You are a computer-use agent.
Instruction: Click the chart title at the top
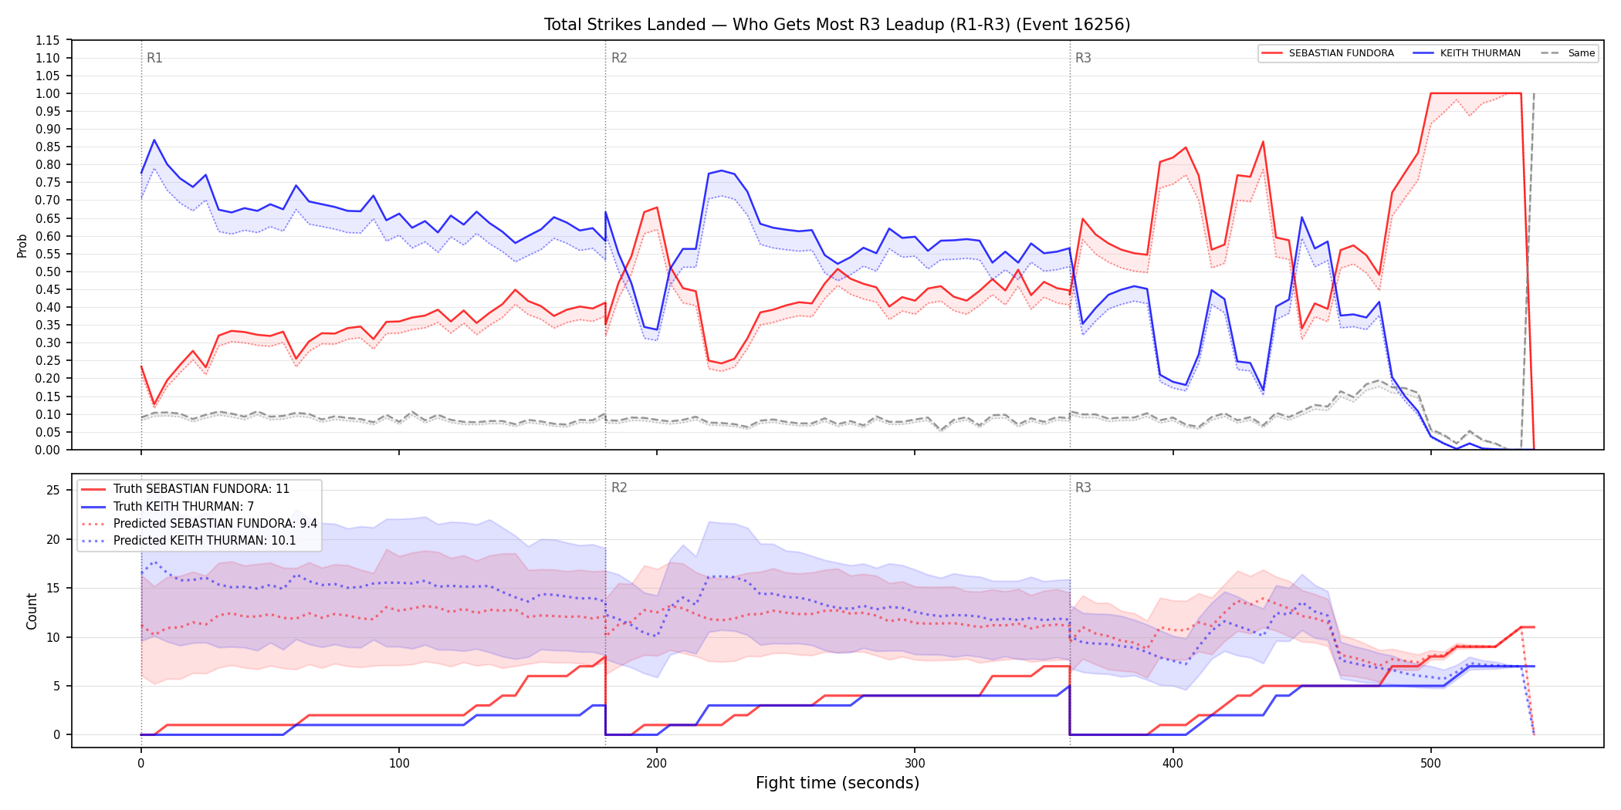(x=837, y=25)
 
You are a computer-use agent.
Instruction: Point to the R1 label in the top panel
(x=154, y=58)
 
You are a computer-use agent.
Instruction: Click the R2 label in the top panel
(x=619, y=58)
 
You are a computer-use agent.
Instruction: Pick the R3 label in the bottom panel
(x=1083, y=488)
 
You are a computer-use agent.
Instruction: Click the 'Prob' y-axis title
(x=22, y=245)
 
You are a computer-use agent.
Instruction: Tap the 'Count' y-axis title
(x=32, y=611)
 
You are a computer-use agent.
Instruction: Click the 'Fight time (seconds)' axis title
(x=838, y=783)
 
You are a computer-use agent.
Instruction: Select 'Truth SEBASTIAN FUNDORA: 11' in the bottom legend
(x=201, y=489)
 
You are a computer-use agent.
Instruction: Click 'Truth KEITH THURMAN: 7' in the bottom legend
(x=184, y=507)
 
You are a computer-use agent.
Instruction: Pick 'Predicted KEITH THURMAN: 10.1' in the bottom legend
(x=205, y=541)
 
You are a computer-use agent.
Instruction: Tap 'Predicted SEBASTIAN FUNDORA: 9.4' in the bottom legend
(x=215, y=524)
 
